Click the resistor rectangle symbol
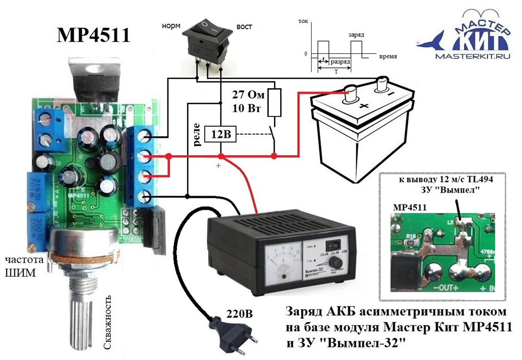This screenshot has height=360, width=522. (x=275, y=102)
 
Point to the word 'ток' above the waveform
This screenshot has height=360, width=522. (x=303, y=22)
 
